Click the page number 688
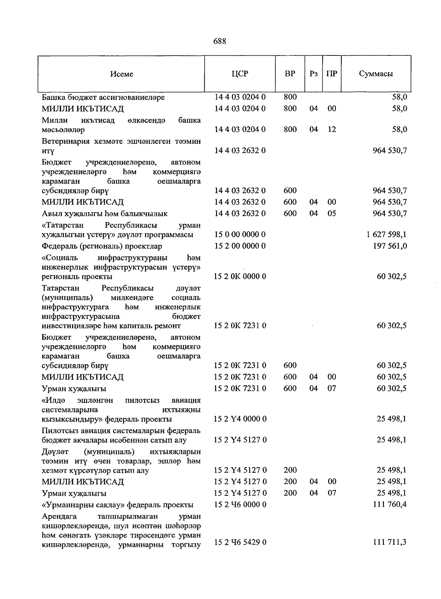click(x=220, y=42)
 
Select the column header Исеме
click(x=122, y=74)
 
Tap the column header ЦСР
click(x=240, y=73)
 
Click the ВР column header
click(x=290, y=73)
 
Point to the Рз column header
click(x=313, y=73)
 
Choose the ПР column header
click(x=332, y=73)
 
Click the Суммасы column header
click(x=376, y=73)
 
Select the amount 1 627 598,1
click(x=387, y=234)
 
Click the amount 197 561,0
click(x=390, y=246)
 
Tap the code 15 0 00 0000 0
click(x=240, y=234)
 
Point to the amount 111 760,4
click(x=390, y=504)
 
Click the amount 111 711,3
click(x=390, y=542)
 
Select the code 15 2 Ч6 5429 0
click(x=240, y=542)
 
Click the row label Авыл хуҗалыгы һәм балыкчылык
click(x=105, y=213)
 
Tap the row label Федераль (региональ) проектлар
click(x=102, y=246)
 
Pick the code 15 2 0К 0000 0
click(x=240, y=276)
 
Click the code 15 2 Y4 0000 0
click(x=240, y=419)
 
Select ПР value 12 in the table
click(x=332, y=129)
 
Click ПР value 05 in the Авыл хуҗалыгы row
click(x=332, y=213)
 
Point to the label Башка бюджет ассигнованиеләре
click(x=103, y=97)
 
